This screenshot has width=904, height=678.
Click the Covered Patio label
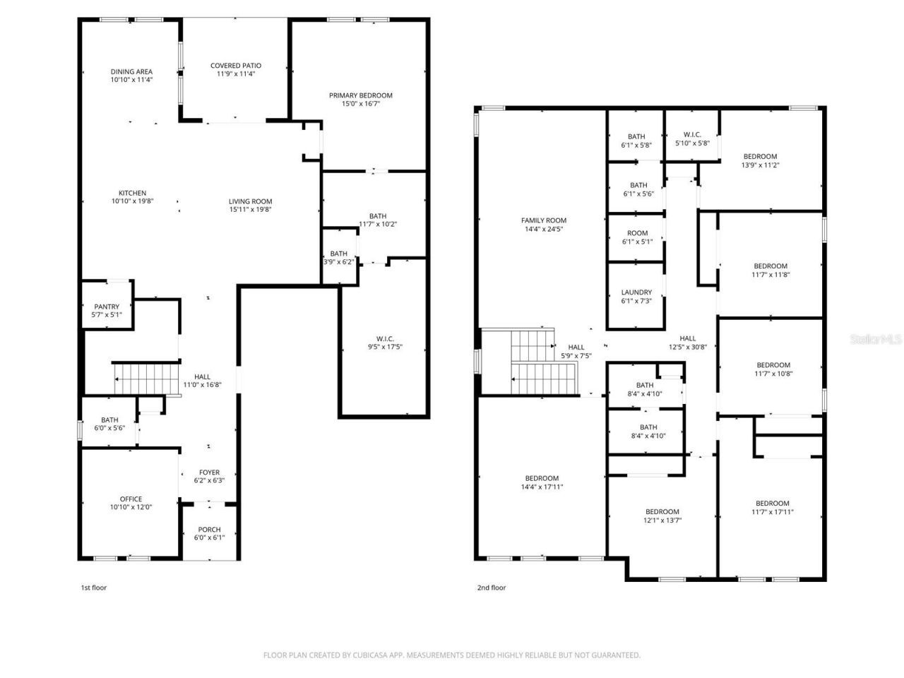coord(235,66)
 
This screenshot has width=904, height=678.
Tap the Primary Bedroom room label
coord(360,95)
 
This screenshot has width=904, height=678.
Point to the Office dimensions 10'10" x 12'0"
coord(131,507)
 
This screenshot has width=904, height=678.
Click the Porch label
coord(209,530)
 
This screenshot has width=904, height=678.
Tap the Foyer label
coord(209,472)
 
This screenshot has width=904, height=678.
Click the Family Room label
coord(543,220)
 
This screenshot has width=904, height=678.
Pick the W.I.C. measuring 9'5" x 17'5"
coord(384,342)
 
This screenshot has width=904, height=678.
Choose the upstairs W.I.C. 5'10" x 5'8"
coord(691,138)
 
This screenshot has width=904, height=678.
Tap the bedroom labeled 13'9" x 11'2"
coord(760,160)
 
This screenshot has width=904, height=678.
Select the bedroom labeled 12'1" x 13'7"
coord(662,516)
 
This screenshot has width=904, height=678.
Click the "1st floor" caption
coord(93,588)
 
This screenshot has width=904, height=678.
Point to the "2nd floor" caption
coord(492,588)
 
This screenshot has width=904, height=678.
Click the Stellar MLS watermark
coord(876,340)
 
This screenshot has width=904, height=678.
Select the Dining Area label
coord(131,71)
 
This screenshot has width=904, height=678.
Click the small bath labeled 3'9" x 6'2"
coord(339,257)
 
